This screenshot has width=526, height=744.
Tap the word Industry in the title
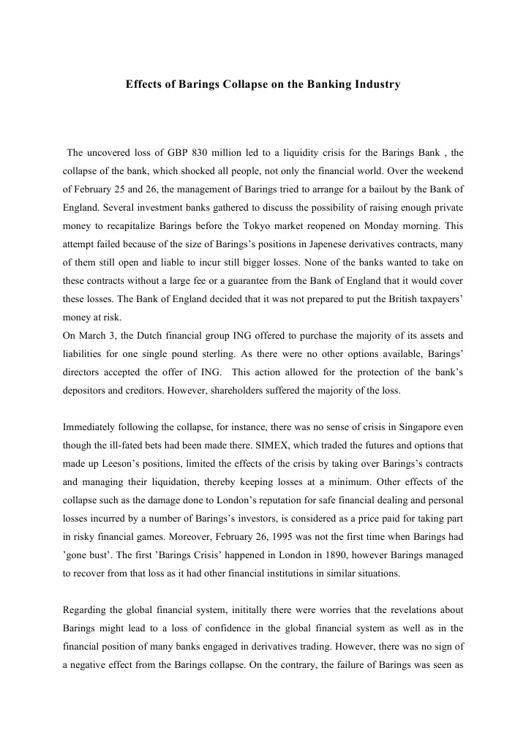coord(375,85)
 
